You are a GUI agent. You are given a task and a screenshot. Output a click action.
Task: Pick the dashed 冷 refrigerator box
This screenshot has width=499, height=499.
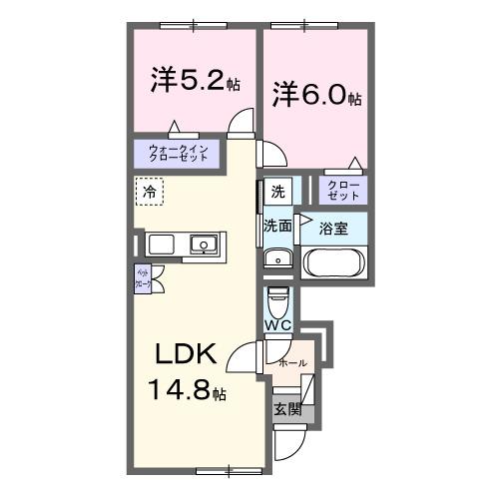pyautogui.click(x=150, y=190)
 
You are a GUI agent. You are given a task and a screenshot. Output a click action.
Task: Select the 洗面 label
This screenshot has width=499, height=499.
pyautogui.click(x=277, y=227)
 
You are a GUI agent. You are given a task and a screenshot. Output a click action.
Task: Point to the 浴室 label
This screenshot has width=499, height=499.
pyautogui.click(x=332, y=228)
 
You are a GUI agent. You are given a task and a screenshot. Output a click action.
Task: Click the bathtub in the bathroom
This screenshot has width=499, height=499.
pyautogui.click(x=334, y=262)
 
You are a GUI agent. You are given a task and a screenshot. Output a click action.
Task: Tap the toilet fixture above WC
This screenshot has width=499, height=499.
pyautogui.click(x=278, y=300)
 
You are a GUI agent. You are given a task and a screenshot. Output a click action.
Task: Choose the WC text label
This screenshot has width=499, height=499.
pyautogui.click(x=278, y=325)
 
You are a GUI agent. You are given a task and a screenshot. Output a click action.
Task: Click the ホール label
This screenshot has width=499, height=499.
pyautogui.click(x=293, y=362)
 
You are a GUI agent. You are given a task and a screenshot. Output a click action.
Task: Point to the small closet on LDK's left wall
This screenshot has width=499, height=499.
pyautogui.click(x=143, y=279)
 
